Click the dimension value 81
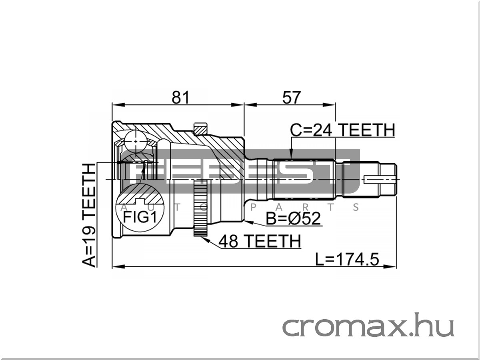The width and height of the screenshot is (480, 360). (180, 98)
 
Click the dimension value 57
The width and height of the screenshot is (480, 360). (292, 98)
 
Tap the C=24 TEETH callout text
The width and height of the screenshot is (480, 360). (342, 130)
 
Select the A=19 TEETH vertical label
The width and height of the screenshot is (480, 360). (89, 215)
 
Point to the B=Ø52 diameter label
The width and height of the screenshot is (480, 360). (293, 218)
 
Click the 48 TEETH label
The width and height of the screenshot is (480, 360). (260, 241)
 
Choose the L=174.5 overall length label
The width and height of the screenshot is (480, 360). (347, 260)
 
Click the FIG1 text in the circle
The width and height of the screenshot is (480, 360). (140, 217)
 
